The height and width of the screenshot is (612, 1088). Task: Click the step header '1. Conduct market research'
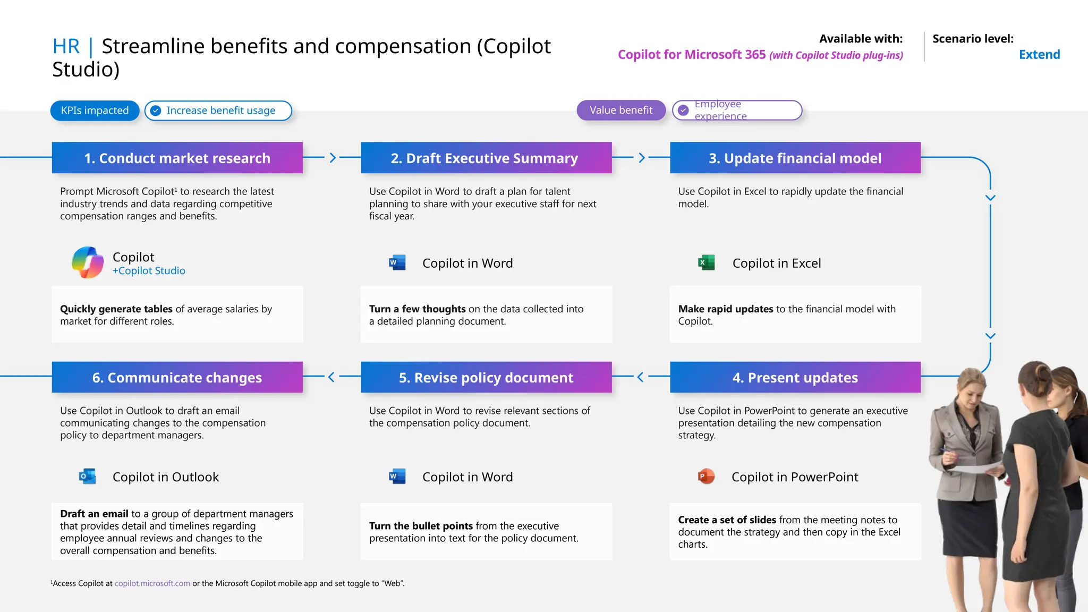pos(177,158)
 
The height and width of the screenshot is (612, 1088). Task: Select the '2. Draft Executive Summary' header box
pos(486,158)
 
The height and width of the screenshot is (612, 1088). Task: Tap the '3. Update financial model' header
pos(795,158)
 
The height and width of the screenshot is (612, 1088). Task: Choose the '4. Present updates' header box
pos(795,377)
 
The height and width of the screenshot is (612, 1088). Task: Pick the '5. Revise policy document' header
pos(486,377)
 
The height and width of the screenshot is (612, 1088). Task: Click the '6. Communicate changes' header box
pos(177,377)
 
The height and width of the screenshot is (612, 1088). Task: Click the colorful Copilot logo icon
pos(88,262)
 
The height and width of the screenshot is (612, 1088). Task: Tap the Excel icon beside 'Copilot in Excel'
pos(706,262)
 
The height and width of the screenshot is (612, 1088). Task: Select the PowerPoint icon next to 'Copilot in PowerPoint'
pos(706,476)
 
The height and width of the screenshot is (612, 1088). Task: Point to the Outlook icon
pos(88,476)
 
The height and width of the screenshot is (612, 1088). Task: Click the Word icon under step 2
pos(397,262)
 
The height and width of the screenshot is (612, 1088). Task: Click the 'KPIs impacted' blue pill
pos(95,110)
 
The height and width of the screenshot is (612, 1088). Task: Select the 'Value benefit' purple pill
pos(621,110)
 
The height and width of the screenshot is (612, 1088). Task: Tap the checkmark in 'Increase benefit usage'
pos(156,110)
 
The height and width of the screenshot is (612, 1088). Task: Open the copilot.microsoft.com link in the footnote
pos(152,583)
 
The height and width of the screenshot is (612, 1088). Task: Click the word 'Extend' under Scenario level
pos(1039,54)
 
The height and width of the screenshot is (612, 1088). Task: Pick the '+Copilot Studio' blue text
pos(149,271)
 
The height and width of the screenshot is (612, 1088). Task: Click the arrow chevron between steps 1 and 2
pos(333,158)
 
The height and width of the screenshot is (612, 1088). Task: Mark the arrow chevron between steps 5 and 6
pos(331,377)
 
